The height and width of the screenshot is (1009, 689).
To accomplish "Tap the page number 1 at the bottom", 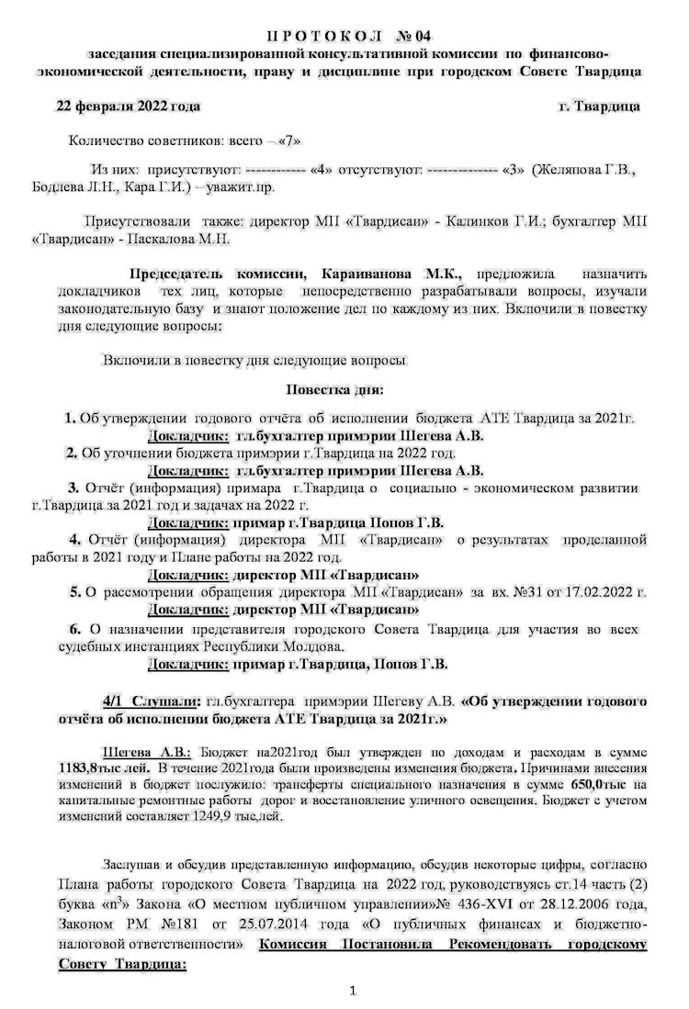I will [x=352, y=990].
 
